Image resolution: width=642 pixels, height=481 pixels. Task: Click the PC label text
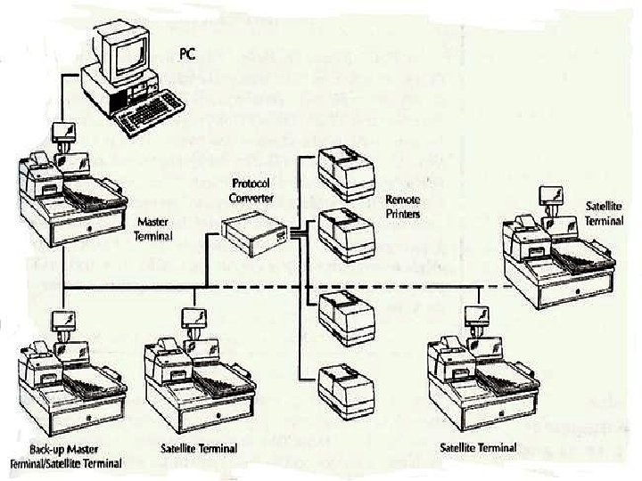185,54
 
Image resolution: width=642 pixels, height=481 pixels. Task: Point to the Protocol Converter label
251,192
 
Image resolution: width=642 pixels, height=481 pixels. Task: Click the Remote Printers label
403,207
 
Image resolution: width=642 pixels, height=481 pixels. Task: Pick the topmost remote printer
347,169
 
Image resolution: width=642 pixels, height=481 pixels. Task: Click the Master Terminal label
153,229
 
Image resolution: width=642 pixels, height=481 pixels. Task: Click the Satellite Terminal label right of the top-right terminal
604,213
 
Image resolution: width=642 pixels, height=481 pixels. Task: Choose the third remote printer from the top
347,314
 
